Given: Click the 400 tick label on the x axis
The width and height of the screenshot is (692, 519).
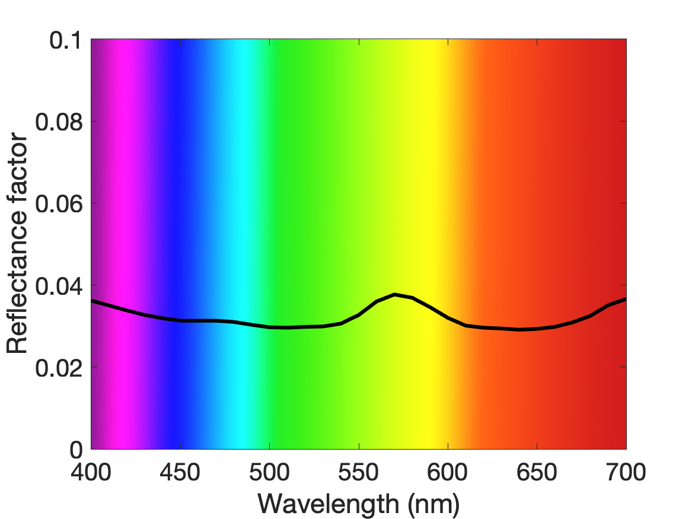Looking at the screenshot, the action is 91,472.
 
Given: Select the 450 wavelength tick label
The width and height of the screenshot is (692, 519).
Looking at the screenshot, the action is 180,472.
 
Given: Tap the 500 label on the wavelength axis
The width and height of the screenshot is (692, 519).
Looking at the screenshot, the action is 269,472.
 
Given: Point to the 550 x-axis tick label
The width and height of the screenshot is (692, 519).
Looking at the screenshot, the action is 358,472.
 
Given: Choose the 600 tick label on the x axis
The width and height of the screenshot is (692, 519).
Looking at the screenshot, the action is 448,472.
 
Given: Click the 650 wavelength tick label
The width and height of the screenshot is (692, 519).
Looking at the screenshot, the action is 537,472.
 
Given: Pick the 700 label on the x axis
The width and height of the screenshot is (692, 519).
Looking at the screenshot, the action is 626,472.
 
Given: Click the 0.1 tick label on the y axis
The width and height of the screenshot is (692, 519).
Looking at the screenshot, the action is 66,40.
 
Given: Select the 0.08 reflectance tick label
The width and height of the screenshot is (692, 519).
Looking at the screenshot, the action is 59,122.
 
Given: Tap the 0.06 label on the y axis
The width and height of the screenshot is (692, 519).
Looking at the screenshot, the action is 59,204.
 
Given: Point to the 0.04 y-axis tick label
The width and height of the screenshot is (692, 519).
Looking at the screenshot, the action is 59,286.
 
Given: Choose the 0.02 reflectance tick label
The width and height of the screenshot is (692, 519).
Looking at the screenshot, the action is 59,368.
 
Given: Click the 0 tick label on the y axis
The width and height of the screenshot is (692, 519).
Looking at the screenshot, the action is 76,450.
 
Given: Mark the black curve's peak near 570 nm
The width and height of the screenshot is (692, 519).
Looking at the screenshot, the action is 394,294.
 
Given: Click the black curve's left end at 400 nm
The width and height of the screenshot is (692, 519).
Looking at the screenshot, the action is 92,301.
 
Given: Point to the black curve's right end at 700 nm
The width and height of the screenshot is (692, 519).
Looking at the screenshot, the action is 626,299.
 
